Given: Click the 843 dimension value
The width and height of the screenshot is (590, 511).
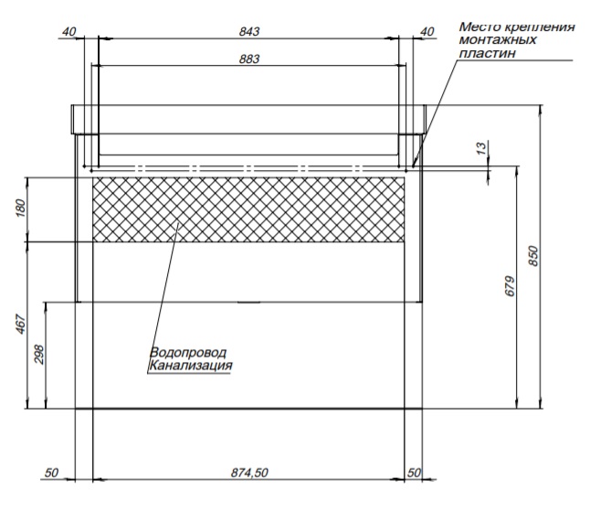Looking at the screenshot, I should point(249,31).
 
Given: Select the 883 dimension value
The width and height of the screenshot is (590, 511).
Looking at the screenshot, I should point(249,59).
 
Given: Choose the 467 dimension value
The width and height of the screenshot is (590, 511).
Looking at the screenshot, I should point(21,325).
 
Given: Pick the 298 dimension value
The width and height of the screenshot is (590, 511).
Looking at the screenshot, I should point(38,355).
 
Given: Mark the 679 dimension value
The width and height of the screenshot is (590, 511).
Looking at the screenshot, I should point(511,287).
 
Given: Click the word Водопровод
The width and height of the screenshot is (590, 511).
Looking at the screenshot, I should point(187,353).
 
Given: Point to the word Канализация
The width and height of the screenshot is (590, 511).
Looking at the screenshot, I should point(191,367).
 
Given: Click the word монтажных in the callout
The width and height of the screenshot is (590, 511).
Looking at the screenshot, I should point(498,40).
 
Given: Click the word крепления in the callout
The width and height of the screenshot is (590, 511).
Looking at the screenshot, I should point(539,27).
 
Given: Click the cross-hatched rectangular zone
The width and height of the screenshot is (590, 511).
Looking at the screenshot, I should point(248,209).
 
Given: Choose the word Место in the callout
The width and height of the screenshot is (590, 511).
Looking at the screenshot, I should point(479,27).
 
